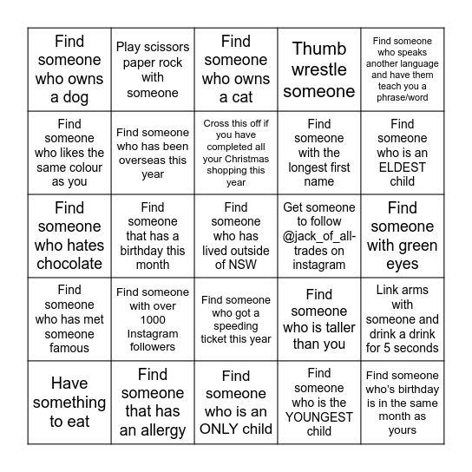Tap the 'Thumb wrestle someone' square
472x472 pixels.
(319, 69)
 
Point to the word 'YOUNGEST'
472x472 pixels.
(318, 416)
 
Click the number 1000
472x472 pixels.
(153, 319)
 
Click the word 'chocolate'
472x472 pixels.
(69, 265)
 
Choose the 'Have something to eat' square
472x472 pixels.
(69, 403)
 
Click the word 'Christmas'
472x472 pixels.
(236, 160)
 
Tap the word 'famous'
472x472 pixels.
(69, 348)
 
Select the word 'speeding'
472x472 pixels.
(236, 326)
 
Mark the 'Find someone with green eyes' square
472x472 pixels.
(403, 236)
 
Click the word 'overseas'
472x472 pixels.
(153, 161)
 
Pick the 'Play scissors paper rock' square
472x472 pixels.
(153, 69)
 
